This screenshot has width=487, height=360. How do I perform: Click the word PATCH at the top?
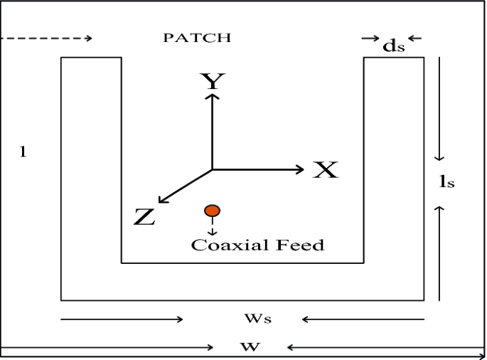197,38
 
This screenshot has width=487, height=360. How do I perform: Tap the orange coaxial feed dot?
212,211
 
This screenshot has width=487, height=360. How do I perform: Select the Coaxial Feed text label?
257,245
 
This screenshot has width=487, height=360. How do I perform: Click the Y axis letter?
211,82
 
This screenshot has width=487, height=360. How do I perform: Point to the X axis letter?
326,170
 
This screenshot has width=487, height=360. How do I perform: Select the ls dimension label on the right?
446,182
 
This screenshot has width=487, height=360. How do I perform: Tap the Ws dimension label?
263,319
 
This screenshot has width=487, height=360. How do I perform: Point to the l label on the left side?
23,152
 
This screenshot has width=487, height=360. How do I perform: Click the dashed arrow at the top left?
47,38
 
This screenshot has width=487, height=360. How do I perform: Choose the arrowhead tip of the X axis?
304,169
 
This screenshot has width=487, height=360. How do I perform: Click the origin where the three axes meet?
212,169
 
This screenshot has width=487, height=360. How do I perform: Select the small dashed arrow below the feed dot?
212,227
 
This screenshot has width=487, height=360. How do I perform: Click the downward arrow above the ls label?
440,107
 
